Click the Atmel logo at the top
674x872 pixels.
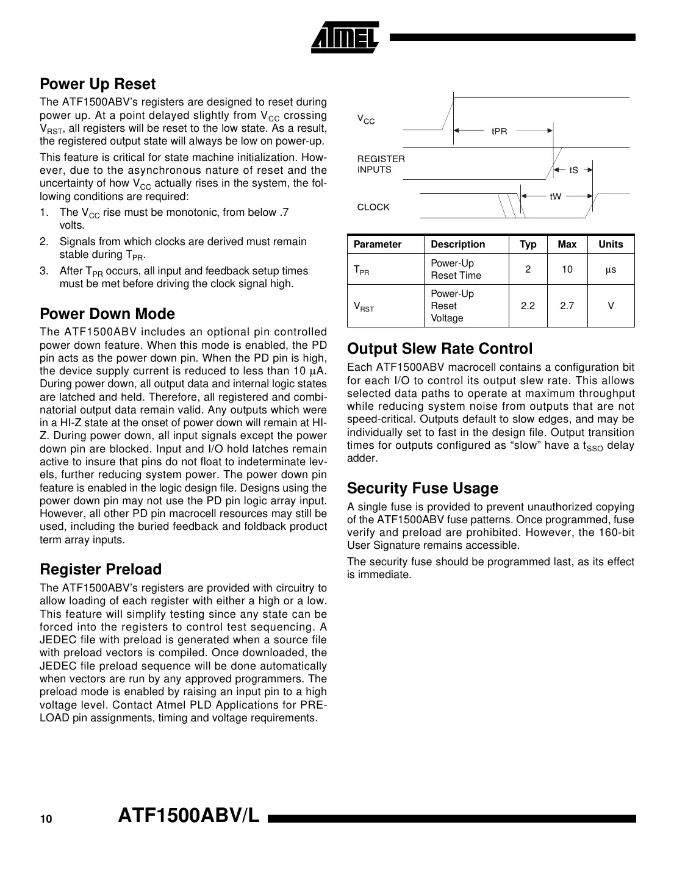coord(345,38)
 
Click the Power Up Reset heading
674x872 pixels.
coord(98,84)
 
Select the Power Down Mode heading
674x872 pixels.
coord(107,314)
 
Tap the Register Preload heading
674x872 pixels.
coord(101,570)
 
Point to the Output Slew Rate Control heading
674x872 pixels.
coord(440,349)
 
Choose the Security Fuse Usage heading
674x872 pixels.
coord(422,488)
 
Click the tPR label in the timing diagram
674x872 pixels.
coord(499,131)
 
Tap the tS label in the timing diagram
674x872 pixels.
coord(573,171)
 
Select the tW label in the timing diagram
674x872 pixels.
coord(555,196)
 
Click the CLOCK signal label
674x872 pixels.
coord(373,207)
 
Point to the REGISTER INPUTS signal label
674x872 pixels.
coord(381,164)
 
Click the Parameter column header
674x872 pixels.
coord(378,245)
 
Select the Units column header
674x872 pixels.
coord(611,245)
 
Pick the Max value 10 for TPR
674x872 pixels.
coord(567,270)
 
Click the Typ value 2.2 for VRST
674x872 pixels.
coord(528,306)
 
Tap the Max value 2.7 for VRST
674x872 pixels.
coord(567,306)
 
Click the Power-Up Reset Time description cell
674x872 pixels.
coord(456,270)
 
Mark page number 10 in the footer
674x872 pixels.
coord(46,820)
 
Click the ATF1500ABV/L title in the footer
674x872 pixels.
coord(188,816)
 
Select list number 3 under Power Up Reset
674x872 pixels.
coord(44,271)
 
